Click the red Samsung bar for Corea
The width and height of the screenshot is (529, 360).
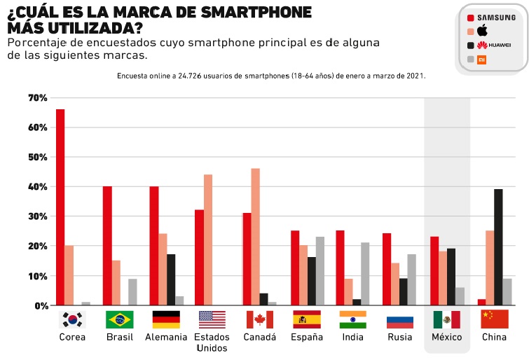point(60,207)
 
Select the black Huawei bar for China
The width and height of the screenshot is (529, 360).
point(498,247)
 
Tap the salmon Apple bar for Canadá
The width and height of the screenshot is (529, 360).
point(256,237)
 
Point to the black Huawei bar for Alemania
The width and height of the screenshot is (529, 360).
point(171,279)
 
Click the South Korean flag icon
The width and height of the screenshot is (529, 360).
point(73,319)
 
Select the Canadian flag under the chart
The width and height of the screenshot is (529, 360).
point(259,319)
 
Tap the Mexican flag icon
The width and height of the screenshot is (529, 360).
point(446,319)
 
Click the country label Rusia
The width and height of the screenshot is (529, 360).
point(400,337)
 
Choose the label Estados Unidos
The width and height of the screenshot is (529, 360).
point(212,342)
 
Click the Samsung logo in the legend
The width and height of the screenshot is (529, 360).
point(496,17)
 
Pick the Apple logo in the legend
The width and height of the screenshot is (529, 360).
point(482,30)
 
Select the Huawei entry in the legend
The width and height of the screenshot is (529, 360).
point(493,45)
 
